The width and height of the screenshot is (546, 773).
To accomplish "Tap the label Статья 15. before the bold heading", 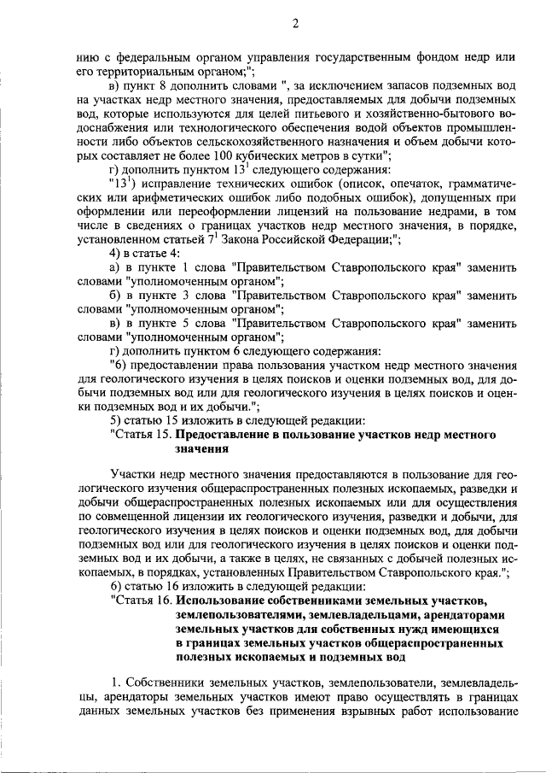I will (x=142, y=433).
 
